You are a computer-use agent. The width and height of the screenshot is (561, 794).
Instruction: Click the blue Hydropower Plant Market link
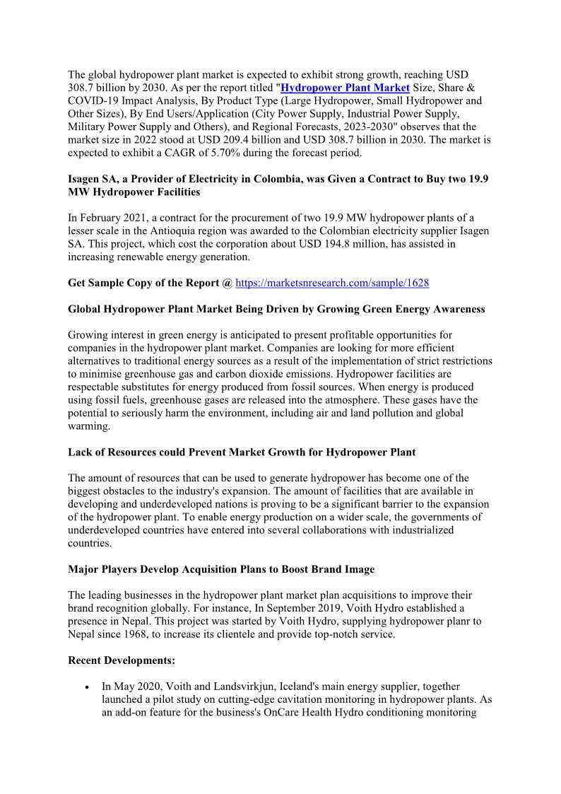click(x=345, y=88)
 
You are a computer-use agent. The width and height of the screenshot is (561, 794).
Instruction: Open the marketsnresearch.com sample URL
click(x=332, y=283)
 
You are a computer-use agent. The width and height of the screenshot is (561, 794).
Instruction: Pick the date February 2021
click(x=115, y=218)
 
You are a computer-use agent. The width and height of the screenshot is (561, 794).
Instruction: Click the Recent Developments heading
click(x=122, y=660)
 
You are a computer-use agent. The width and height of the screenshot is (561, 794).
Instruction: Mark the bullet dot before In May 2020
click(x=86, y=687)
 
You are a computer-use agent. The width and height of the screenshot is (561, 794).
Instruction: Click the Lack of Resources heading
click(x=242, y=452)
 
